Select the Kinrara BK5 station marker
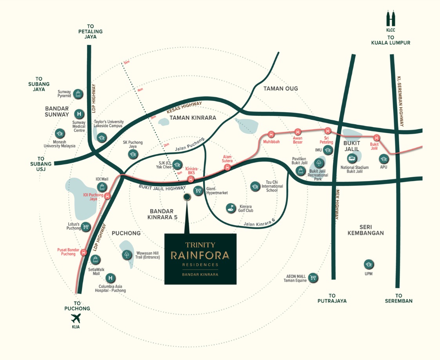[191, 179]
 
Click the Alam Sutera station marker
[227, 168]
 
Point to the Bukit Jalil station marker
[376, 137]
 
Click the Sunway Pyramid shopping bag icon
[78, 93]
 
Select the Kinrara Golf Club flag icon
[231, 208]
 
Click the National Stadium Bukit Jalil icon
[352, 158]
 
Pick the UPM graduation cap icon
[368, 264]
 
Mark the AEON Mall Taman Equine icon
[313, 278]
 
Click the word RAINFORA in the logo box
[200, 256]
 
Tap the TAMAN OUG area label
[281, 88]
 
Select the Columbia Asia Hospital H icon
[111, 278]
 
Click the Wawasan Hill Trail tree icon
[127, 254]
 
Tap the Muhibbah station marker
[271, 134]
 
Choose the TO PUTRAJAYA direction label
[332, 298]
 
